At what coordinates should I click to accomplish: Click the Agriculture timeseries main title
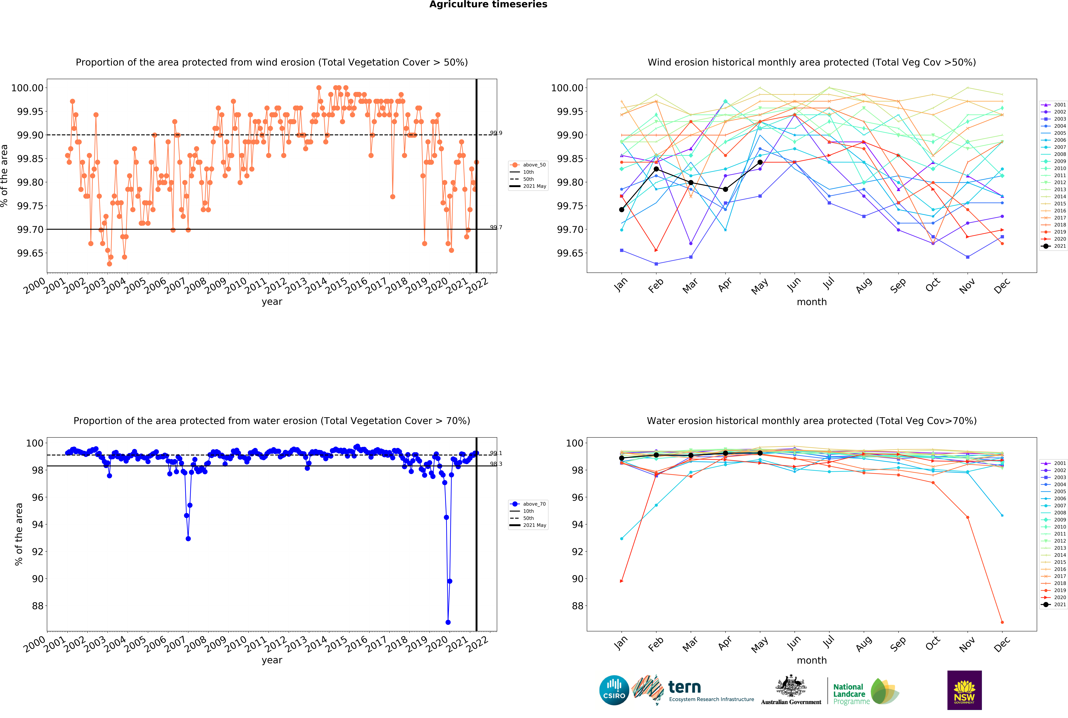click(x=488, y=5)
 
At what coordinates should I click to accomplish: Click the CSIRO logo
click(x=614, y=690)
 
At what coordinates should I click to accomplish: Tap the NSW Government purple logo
click(x=964, y=690)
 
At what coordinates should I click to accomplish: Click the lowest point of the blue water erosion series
click(x=448, y=622)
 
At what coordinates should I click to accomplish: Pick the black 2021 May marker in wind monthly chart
click(x=760, y=162)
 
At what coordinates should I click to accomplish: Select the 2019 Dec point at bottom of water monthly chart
click(x=1002, y=622)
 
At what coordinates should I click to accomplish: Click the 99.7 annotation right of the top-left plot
click(x=496, y=227)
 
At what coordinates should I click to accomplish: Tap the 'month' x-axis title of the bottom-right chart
click(x=812, y=660)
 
